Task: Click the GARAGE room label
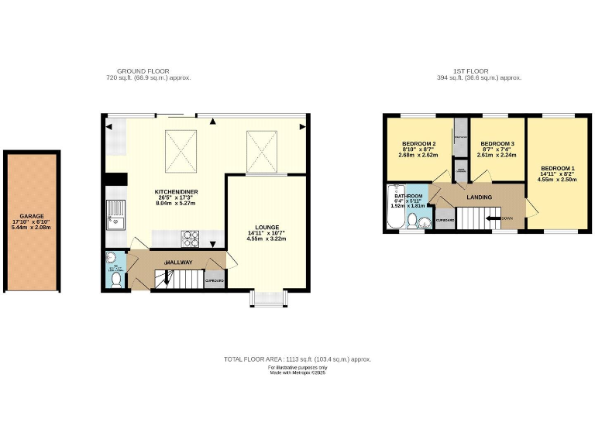pos(32,216)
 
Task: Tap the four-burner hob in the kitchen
pos(191,235)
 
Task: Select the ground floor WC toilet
pos(115,278)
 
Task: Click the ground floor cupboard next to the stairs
pos(215,280)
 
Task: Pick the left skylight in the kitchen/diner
pos(181,149)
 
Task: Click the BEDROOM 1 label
pos(558,169)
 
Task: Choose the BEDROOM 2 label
pos(418,144)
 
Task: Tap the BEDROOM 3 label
pos(497,144)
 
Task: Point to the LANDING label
pos(478,197)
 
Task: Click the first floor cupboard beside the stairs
pos(445,220)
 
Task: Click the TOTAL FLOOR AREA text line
pos(297,359)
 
